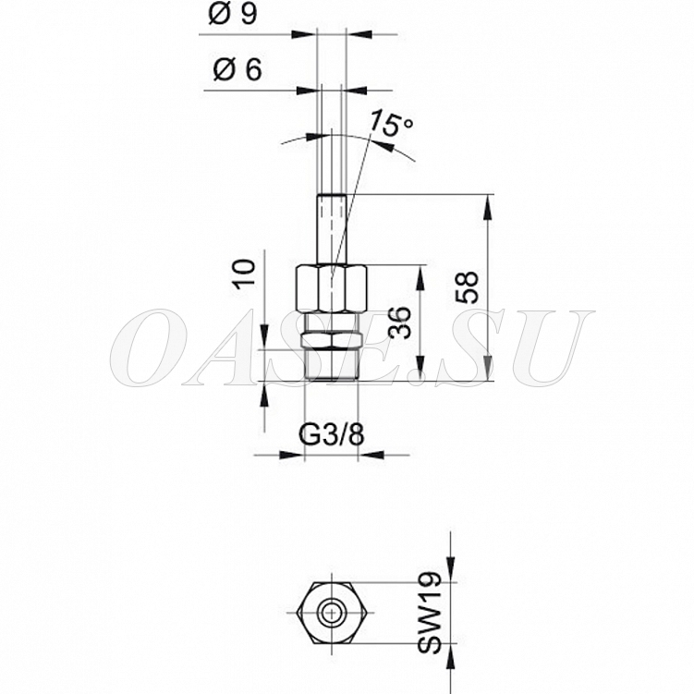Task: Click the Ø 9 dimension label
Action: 233,15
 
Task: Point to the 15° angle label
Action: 391,123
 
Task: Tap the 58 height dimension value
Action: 468,287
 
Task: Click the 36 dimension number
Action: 401,323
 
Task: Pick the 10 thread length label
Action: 245,274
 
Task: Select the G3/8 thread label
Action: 332,435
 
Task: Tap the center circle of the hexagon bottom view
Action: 330,613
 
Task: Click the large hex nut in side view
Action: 331,289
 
